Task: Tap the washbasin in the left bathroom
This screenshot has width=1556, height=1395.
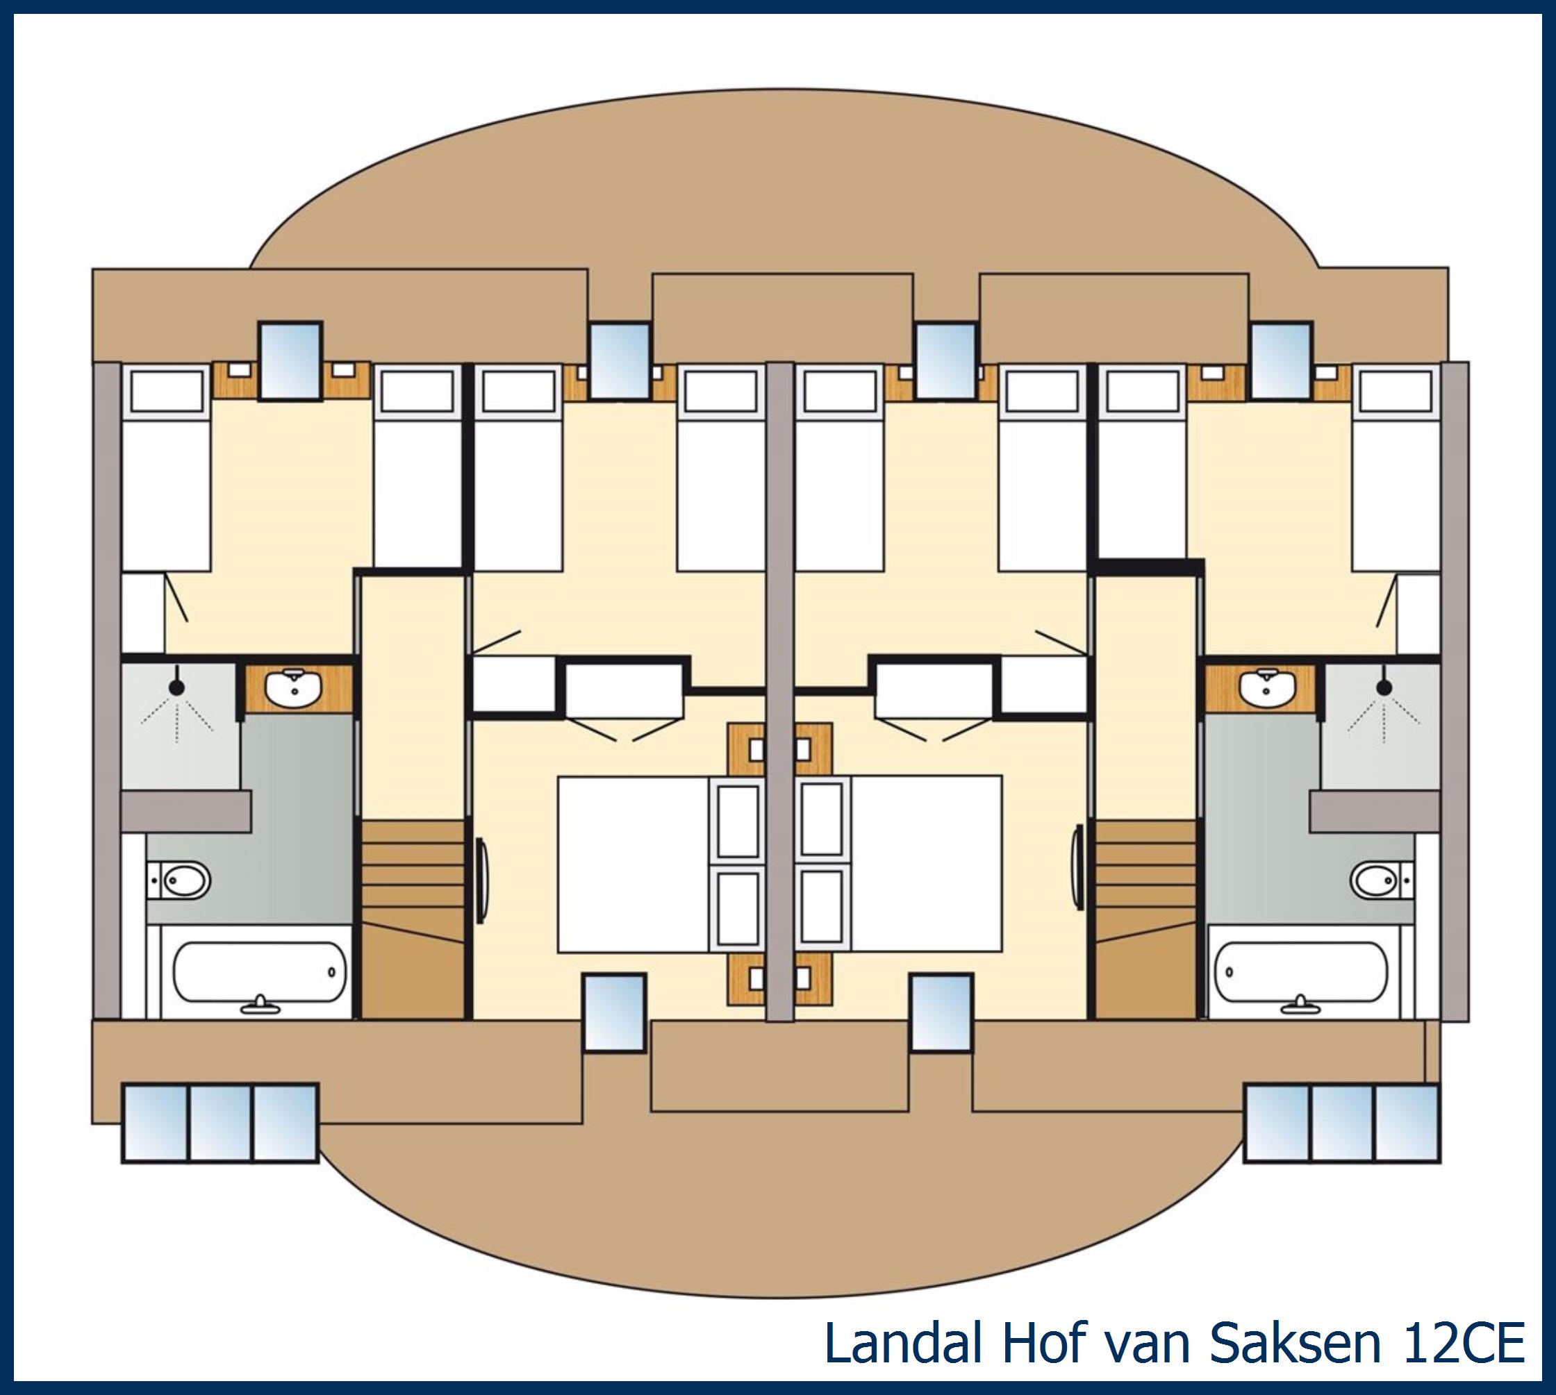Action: click(x=295, y=687)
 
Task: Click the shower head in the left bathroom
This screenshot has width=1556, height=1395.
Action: click(x=176, y=688)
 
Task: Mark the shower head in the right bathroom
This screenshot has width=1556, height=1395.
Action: click(x=1384, y=688)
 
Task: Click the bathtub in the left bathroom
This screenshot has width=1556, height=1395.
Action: click(x=258, y=972)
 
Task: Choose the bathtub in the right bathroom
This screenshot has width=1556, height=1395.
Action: click(x=1302, y=972)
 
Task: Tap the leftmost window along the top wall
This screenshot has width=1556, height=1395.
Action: click(x=290, y=360)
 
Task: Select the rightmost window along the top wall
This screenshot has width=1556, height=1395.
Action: click(x=1281, y=360)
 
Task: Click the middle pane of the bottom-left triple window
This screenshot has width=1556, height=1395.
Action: click(x=220, y=1122)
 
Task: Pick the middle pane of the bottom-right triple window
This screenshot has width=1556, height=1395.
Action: click(x=1341, y=1122)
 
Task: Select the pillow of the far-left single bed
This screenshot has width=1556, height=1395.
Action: click(x=165, y=391)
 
